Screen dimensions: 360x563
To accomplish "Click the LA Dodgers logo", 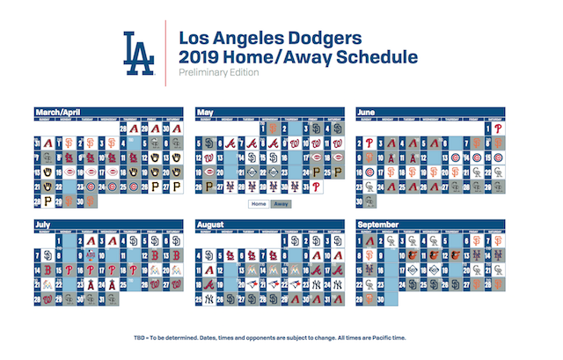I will tap(138, 53).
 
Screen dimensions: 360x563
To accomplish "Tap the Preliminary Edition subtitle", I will tap(218, 73).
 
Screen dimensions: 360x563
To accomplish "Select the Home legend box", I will tap(258, 203).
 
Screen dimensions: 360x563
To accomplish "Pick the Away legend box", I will tap(281, 203).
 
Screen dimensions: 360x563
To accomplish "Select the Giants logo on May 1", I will tap(274, 129).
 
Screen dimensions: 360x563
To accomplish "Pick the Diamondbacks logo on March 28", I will tap(133, 129).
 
